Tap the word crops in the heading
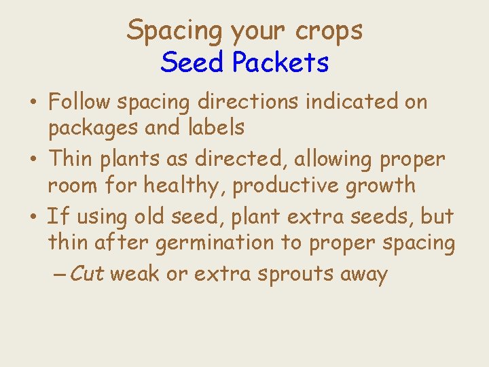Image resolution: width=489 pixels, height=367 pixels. [x=329, y=31]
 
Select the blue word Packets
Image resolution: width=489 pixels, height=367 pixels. [x=280, y=63]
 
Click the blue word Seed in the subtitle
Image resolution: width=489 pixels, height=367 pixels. [x=192, y=63]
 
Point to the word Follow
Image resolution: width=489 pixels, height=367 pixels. [x=80, y=102]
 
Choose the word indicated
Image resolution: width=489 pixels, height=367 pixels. [x=360, y=102]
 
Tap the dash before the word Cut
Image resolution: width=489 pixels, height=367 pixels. [x=59, y=275]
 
